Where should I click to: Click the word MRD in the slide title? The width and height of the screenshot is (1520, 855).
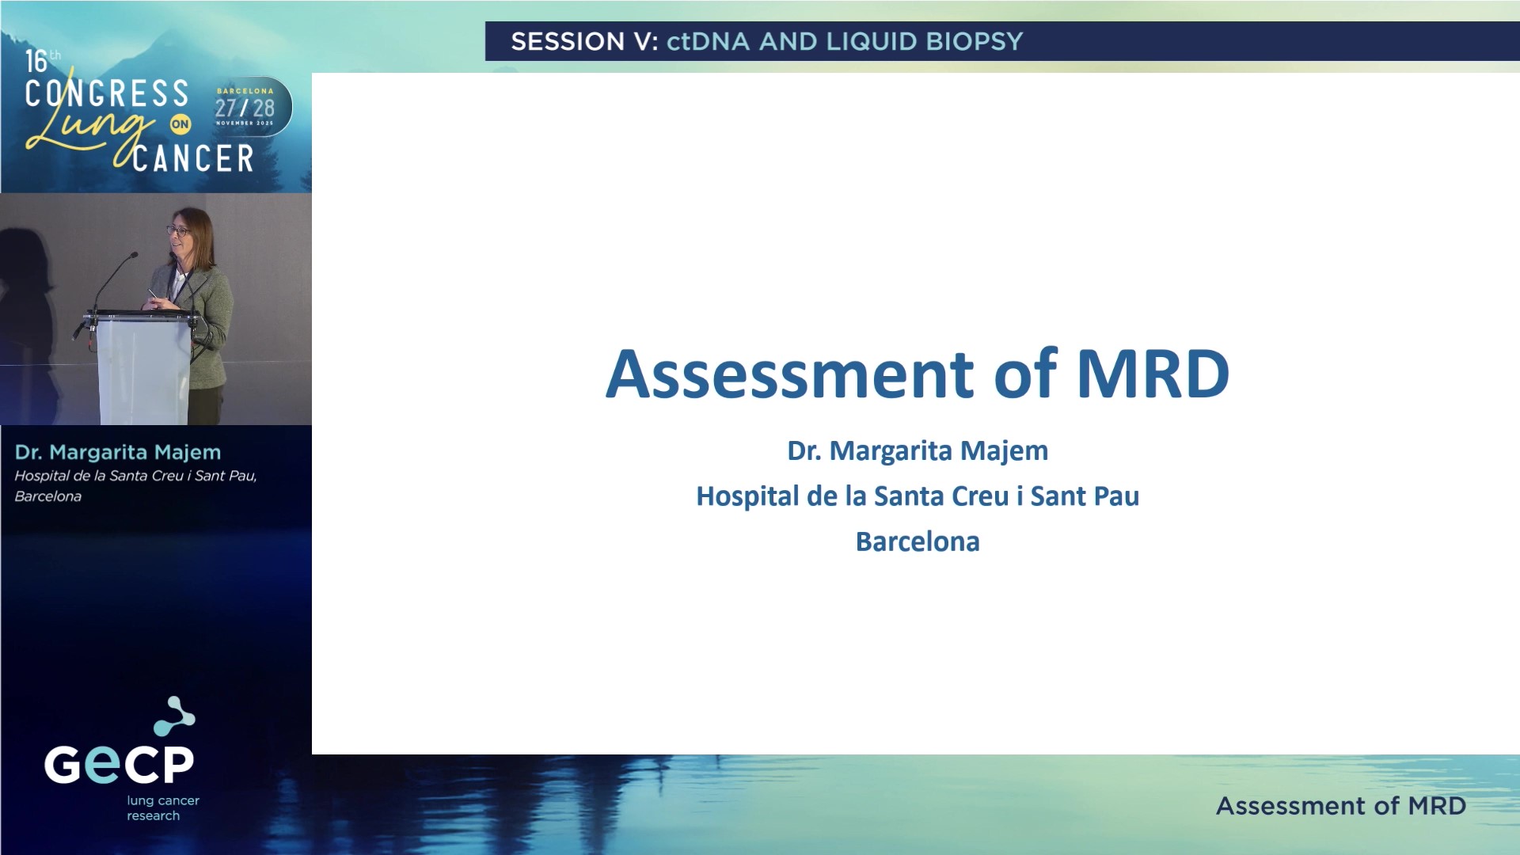tap(1152, 374)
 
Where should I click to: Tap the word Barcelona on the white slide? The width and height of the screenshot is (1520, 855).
tap(918, 541)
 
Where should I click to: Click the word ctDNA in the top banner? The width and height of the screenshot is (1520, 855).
tap(707, 41)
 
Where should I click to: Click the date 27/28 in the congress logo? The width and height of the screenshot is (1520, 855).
tap(245, 108)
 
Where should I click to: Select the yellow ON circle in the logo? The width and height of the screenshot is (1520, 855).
tap(180, 124)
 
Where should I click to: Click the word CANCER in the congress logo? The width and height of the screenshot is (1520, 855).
tap(193, 158)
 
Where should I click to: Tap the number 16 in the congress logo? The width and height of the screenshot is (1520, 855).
tap(36, 62)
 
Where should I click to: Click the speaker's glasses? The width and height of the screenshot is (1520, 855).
tap(177, 230)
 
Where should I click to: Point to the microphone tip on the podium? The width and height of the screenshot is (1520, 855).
tap(134, 255)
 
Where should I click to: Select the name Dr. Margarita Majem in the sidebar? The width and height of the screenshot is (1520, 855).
tap(117, 452)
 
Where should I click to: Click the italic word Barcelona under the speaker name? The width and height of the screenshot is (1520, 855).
tap(47, 496)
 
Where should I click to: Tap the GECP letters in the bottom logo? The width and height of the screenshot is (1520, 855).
tap(119, 764)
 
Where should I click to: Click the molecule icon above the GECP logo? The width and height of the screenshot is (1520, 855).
tap(174, 716)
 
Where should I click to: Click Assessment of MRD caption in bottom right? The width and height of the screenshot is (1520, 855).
tap(1340, 806)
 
